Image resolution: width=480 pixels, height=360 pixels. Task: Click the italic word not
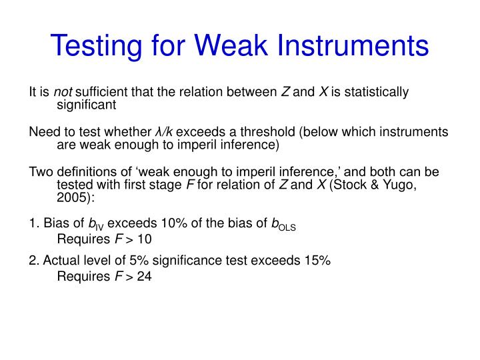(x=63, y=92)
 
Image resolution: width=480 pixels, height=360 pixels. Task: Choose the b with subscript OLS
(x=282, y=224)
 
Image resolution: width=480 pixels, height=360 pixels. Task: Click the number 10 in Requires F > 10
(x=144, y=239)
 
